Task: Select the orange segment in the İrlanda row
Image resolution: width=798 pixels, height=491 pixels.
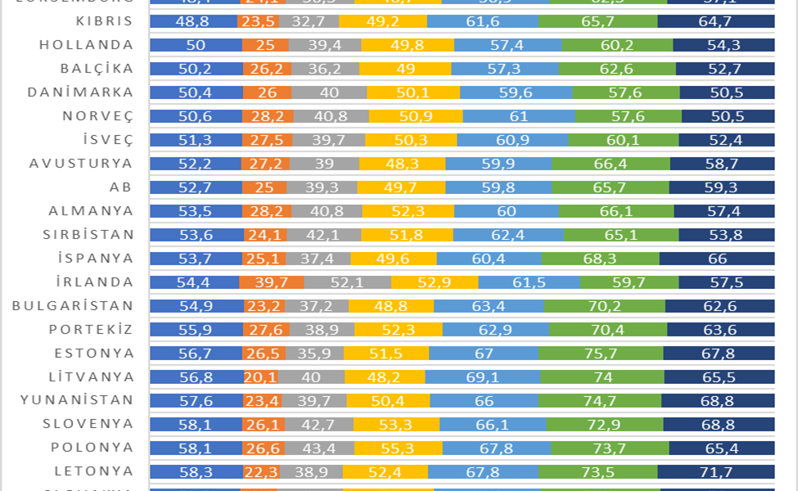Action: point(272,282)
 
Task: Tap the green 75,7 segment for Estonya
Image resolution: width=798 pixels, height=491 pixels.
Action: point(601,354)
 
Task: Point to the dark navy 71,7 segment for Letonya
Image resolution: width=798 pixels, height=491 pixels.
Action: point(716,472)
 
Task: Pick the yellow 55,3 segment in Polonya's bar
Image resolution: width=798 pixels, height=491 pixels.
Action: point(399,448)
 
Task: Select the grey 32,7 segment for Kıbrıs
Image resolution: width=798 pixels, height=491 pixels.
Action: point(309,21)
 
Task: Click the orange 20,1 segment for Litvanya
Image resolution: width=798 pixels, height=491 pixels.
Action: point(260,377)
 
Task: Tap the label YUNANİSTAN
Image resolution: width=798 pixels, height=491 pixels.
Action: point(77,401)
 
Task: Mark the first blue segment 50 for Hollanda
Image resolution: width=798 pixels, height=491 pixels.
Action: point(196,45)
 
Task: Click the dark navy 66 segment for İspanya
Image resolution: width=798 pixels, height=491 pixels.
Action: point(717,259)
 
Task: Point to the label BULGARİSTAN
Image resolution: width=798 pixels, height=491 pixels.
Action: point(73,306)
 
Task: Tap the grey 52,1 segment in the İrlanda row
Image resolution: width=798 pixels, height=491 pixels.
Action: point(347,282)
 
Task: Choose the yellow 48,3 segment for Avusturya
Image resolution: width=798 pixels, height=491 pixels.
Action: point(402,164)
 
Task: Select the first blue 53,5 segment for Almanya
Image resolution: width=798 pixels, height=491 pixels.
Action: point(196,211)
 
